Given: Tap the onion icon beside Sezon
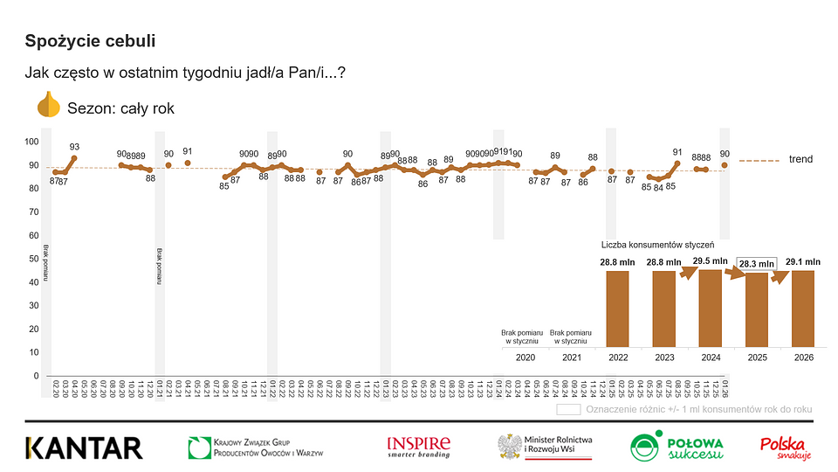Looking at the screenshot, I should (x=48, y=106).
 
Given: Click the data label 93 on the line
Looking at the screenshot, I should (x=75, y=147).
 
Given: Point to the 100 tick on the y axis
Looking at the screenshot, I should (x=31, y=142).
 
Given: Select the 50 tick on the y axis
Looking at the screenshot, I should (x=31, y=259).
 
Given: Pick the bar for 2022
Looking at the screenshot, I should (x=617, y=309).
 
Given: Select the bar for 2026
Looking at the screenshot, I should (x=803, y=309).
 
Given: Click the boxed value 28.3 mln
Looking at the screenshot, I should (x=756, y=264).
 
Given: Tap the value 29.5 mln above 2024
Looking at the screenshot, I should (x=710, y=260).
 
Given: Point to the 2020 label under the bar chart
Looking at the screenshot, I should (x=525, y=358).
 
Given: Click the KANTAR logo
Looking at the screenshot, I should (x=84, y=448).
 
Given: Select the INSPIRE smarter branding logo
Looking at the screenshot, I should (x=418, y=447).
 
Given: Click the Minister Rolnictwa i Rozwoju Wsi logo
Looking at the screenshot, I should (x=544, y=448).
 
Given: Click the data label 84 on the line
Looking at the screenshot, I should (x=658, y=186).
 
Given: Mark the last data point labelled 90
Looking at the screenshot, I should (x=725, y=164).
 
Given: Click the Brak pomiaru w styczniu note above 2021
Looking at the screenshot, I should (x=572, y=337).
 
